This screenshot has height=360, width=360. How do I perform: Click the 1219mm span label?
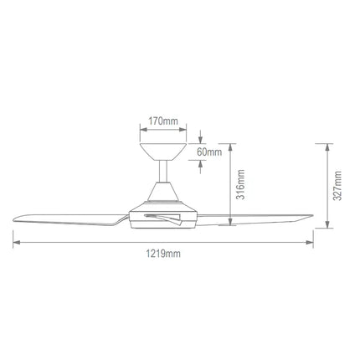163,252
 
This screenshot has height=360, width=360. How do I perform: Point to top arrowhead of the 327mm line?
326,143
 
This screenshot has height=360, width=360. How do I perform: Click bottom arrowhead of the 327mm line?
326,227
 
